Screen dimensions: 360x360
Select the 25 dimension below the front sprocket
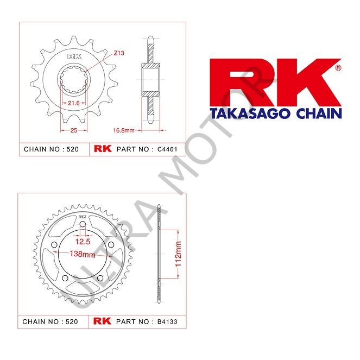73,130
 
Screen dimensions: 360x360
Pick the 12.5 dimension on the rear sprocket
83,241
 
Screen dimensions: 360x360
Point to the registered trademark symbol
338,68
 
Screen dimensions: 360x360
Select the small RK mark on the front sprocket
73,57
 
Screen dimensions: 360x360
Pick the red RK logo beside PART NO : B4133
103,321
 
